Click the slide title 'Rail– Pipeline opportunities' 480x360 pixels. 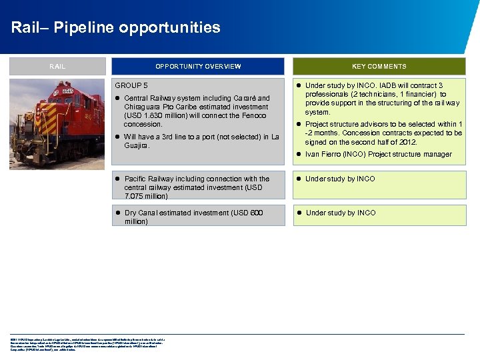(115, 28)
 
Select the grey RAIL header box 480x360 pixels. (57, 67)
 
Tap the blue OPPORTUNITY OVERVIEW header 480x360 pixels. (198, 67)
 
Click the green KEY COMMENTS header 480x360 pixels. (379, 67)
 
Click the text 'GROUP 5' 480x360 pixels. (131, 86)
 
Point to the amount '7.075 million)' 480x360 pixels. (149, 196)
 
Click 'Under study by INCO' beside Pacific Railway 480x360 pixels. (340, 179)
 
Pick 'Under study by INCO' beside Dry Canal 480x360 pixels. (340, 213)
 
